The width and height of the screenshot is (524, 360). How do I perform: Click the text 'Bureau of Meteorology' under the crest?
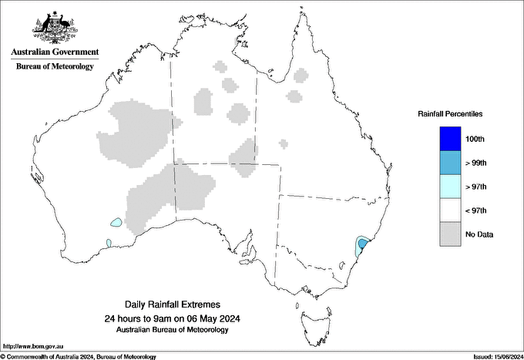point(55,66)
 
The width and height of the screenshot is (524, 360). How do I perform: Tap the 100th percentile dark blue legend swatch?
point(449,138)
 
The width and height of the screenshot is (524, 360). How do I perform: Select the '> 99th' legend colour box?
point(449,162)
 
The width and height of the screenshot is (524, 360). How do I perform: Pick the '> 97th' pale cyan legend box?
point(449,186)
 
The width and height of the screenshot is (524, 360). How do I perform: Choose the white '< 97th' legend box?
point(449,210)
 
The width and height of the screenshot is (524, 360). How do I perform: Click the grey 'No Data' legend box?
point(449,234)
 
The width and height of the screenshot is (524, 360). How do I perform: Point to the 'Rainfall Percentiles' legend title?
point(450,113)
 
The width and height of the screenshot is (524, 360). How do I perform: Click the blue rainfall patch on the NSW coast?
point(361,246)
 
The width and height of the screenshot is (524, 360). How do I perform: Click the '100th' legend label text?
point(475,139)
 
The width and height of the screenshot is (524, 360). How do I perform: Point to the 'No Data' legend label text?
point(479,234)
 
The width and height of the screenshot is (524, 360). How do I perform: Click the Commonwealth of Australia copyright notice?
point(79,356)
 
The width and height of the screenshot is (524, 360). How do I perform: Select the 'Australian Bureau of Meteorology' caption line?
point(172,330)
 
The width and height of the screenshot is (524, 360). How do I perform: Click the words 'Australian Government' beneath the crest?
point(55,52)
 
